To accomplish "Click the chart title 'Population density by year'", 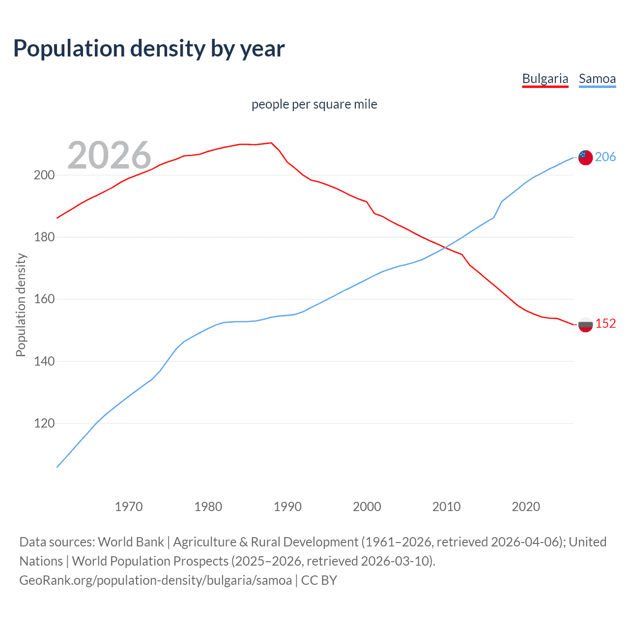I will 149,49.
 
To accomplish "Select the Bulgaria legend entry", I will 545,79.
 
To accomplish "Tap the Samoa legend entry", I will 597,79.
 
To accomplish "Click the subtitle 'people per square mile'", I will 314,104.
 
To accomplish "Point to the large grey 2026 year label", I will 109,155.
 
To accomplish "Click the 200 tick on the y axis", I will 44,175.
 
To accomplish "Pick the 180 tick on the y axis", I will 44,237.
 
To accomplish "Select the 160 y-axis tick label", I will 44,299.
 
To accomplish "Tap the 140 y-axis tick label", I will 44,361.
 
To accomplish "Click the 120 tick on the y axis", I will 44,423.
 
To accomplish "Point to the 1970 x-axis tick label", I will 129,507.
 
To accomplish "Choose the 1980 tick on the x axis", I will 208,507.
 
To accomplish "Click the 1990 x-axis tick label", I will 287,507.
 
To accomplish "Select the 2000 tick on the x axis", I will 367,507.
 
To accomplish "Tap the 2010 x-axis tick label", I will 446,507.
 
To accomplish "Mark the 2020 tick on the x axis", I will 526,507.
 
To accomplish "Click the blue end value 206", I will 605,157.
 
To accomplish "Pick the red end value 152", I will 605,323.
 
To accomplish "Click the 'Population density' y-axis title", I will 21,305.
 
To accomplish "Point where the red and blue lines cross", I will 445,247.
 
